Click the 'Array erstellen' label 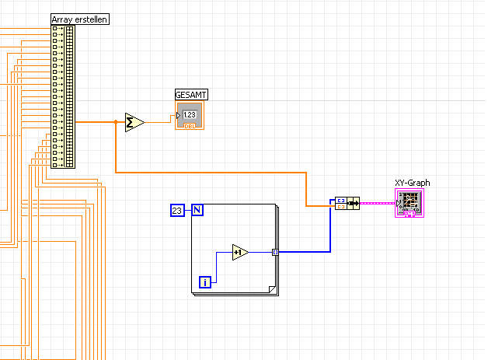coord(79,19)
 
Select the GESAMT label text coord(191,95)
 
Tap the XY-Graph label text coord(412,183)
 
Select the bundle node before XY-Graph coord(347,204)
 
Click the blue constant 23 coord(176,210)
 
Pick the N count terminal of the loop coord(197,210)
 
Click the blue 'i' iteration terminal coord(205,281)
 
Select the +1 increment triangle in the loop coord(239,252)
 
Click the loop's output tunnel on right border coord(275,252)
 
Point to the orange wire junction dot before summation coord(116,122)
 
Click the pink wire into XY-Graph coord(377,203)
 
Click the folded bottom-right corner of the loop coord(272,291)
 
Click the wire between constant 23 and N coord(187,210)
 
